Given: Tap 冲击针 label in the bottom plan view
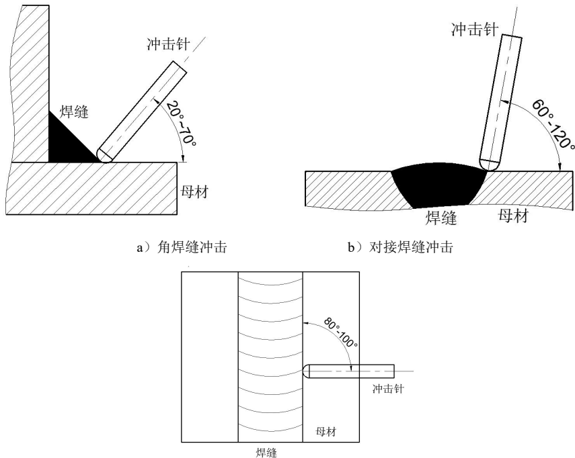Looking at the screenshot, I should click(x=388, y=390).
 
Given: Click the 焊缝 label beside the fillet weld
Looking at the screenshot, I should click(x=75, y=110).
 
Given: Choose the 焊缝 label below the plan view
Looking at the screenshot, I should click(x=271, y=452).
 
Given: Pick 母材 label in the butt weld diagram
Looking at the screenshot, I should click(x=512, y=216).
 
